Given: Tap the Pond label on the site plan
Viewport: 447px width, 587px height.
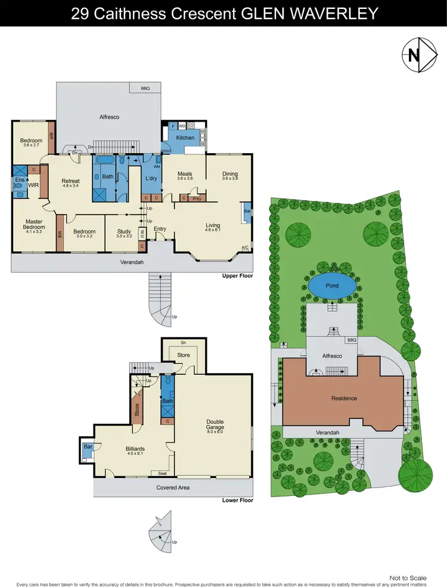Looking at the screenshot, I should (x=332, y=285).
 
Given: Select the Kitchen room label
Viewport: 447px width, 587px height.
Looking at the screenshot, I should (x=185, y=138).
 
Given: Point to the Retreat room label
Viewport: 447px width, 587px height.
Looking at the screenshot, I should (x=70, y=181).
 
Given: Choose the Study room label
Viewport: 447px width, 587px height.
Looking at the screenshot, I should (x=123, y=232).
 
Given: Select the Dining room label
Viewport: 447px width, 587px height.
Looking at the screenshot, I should (x=230, y=174).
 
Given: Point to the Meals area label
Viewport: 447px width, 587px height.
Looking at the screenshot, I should (x=184, y=174).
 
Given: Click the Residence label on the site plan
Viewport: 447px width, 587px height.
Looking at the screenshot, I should (x=344, y=398).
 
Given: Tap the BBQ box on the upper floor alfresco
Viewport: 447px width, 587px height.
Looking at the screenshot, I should (x=145, y=88).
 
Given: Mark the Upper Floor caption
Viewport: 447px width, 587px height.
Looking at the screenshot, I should (x=237, y=276).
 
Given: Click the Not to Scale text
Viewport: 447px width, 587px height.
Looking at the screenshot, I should (x=408, y=577).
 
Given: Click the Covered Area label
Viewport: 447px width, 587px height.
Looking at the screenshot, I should (x=173, y=487).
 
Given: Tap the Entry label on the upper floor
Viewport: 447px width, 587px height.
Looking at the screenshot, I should (x=160, y=229).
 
